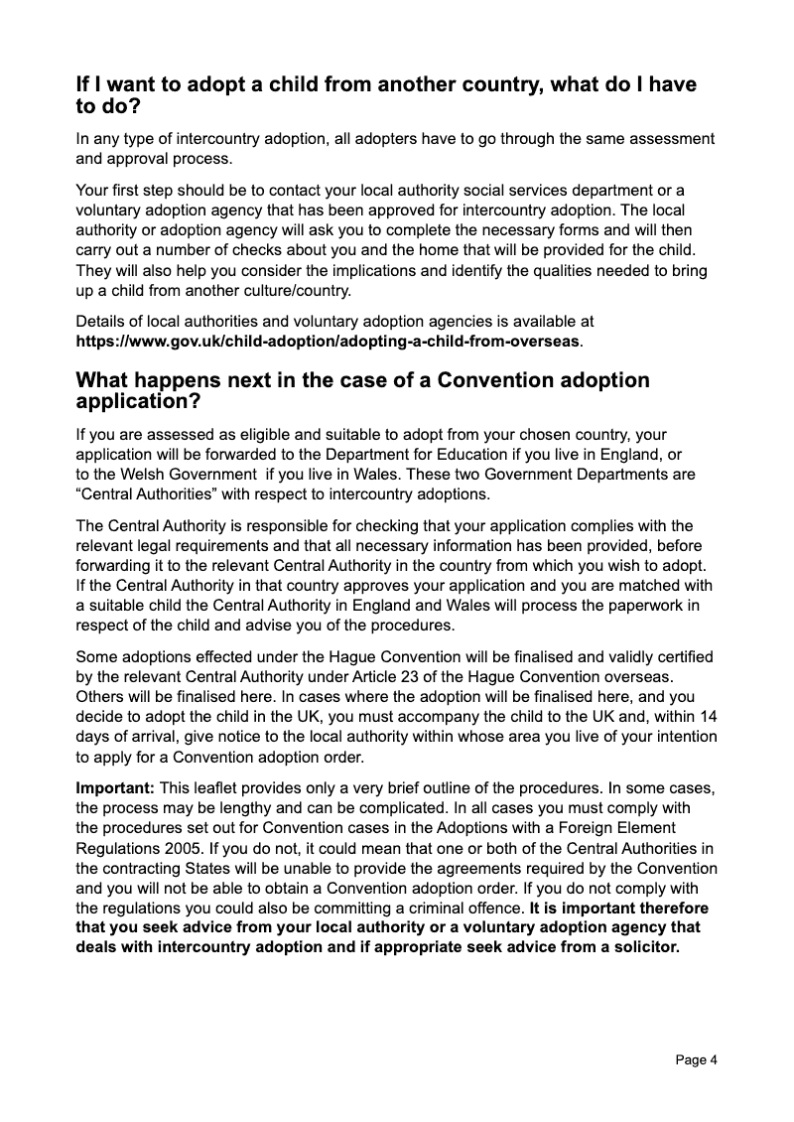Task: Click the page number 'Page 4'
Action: tap(696, 1059)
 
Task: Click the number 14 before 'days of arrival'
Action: tap(708, 716)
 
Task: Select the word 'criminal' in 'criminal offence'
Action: tap(417, 908)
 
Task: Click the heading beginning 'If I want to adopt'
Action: tap(386, 95)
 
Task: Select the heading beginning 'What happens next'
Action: tap(362, 390)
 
